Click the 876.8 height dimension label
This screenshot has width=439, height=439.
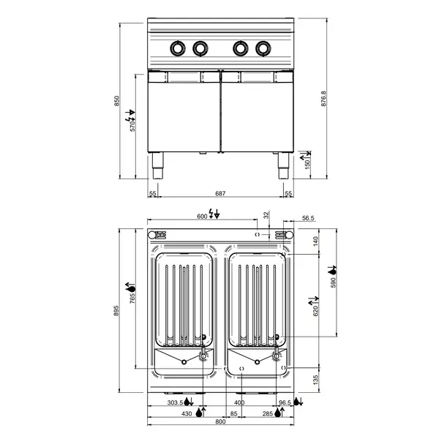[323, 98]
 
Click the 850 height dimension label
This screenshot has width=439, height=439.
[116, 101]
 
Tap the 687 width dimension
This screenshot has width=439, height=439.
[220, 193]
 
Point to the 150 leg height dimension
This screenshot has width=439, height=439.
[307, 165]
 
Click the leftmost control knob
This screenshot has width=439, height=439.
[177, 48]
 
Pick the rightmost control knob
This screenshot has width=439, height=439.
[263, 48]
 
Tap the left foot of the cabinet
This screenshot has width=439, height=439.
[157, 165]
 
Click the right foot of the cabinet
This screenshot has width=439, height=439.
[283, 165]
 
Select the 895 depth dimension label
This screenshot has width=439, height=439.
[116, 311]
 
